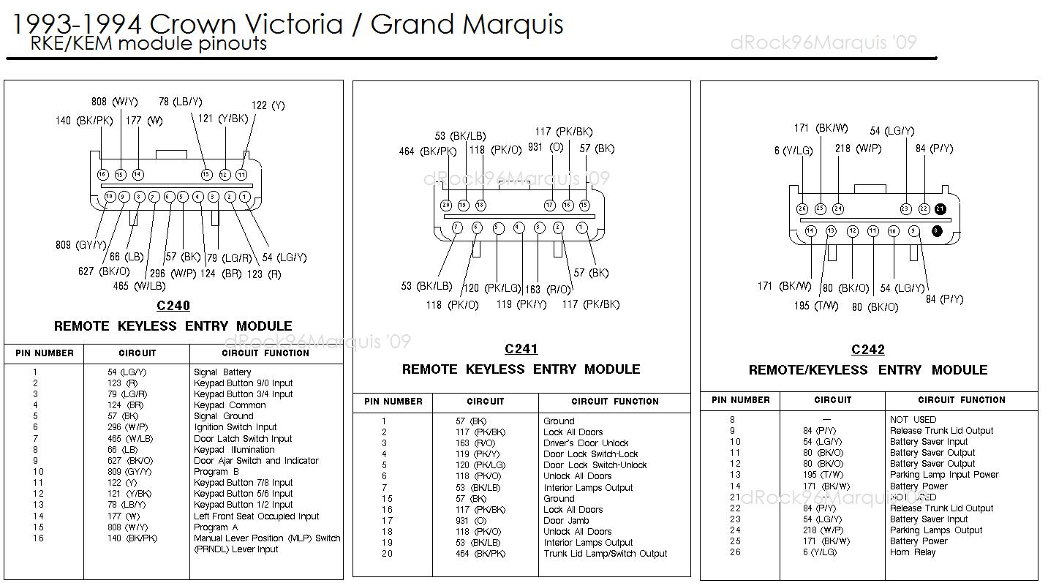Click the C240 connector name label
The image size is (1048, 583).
173,306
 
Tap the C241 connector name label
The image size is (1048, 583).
521,349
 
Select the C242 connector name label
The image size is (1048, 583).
868,350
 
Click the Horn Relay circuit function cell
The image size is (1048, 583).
913,552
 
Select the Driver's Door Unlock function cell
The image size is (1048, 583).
586,443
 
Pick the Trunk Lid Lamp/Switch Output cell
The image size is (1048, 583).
605,554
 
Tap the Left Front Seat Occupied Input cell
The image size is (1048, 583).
256,516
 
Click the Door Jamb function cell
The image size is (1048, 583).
564,521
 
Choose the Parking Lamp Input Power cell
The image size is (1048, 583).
944,475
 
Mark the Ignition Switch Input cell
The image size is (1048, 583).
235,427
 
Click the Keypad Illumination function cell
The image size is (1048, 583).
234,450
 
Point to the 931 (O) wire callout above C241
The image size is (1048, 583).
546,148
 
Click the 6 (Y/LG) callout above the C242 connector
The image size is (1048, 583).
793,151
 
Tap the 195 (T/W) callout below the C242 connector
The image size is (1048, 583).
816,306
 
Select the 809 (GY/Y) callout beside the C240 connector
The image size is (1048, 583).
80,245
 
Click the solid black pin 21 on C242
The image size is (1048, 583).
940,208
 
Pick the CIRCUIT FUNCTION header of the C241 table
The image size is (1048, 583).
614,402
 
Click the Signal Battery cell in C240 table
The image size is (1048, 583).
222,372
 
